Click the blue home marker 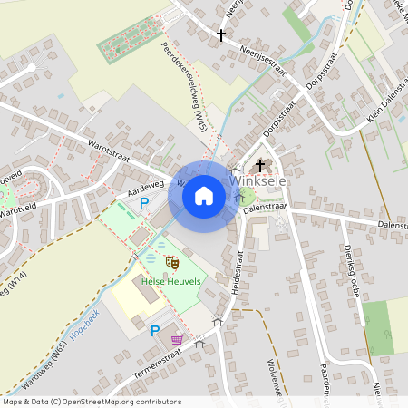tap(204, 194)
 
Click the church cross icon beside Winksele tap(261, 165)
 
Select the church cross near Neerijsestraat tap(220, 35)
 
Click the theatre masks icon tap(171, 263)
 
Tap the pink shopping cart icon tap(177, 340)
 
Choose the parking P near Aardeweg tap(143, 204)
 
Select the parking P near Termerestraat tap(154, 331)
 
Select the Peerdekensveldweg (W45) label tap(185, 86)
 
